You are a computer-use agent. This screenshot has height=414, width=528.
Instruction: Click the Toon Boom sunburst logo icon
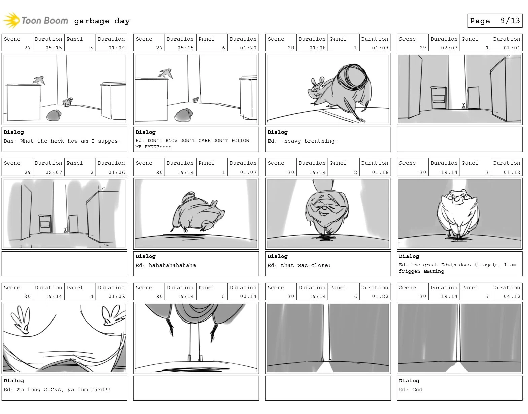(x=11, y=21)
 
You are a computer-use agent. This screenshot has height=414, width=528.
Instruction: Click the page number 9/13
(x=510, y=21)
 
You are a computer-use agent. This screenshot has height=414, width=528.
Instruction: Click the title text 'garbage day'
(x=102, y=21)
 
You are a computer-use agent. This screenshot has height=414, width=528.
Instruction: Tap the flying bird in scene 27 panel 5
(x=39, y=80)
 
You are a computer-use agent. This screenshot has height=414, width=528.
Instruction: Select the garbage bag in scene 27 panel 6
(x=183, y=115)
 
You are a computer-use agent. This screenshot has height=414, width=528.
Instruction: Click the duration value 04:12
(x=512, y=296)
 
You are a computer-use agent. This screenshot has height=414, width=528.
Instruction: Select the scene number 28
(x=291, y=48)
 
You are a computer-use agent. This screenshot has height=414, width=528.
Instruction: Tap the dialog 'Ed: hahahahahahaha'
(x=166, y=265)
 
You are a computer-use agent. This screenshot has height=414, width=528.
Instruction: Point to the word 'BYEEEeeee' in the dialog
(x=158, y=147)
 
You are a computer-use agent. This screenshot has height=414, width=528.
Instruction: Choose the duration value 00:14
(x=248, y=296)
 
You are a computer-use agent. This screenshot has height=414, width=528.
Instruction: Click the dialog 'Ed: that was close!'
(x=299, y=265)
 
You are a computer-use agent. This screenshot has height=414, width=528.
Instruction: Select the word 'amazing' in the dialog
(x=433, y=271)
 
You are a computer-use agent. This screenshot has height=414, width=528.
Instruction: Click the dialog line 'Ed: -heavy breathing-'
(x=302, y=141)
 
